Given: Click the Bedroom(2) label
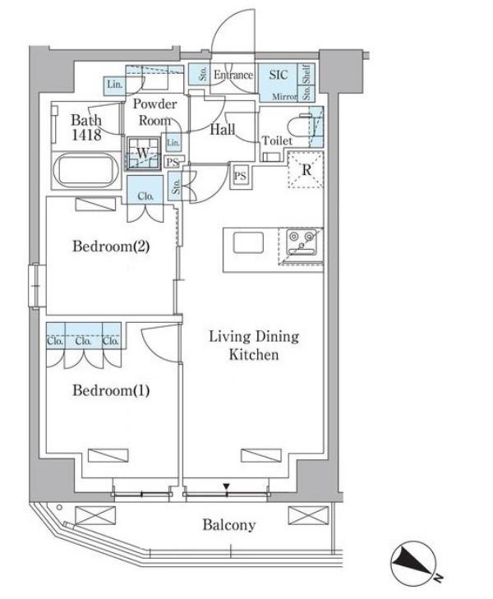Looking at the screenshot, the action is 111,247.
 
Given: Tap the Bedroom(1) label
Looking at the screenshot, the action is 111,390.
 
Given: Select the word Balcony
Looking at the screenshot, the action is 228,525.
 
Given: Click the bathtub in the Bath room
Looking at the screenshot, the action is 87,170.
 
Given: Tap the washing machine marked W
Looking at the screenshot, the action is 143,153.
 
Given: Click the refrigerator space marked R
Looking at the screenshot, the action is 306,169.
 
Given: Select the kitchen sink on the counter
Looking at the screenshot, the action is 248,242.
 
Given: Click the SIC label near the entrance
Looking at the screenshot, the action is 279,75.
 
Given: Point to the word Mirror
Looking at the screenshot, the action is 284,97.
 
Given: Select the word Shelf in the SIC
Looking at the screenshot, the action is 306,74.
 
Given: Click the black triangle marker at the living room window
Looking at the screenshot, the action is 227,486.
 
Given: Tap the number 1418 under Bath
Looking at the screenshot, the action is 86,135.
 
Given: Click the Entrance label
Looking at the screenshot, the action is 233,75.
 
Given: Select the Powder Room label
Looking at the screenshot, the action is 154,113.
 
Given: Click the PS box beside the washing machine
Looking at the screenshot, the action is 173,162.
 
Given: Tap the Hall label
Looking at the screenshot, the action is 222,130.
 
